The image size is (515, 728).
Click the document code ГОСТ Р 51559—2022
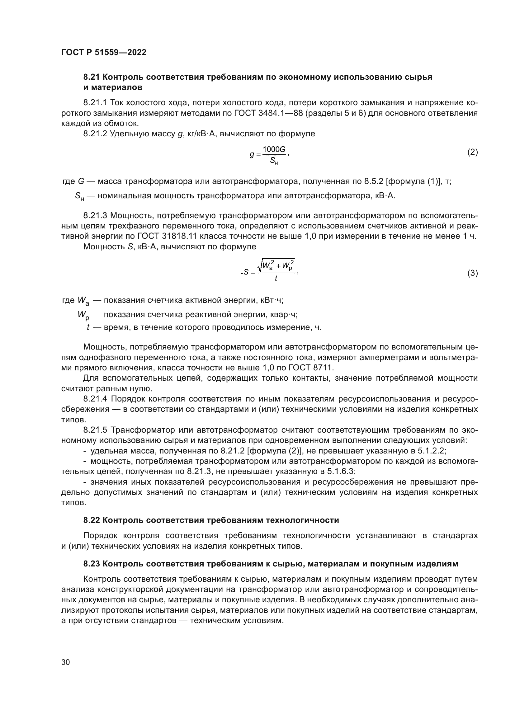[x=104, y=53]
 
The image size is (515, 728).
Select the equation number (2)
[x=473, y=152]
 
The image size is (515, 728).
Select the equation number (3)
[x=473, y=273]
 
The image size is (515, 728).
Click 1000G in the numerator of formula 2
[x=274, y=149]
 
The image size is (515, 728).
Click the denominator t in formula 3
[x=276, y=278]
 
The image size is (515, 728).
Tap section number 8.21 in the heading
[x=92, y=77]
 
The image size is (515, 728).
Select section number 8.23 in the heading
[x=92, y=564]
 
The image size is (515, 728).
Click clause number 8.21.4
[x=96, y=399]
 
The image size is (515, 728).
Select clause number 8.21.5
[x=96, y=430]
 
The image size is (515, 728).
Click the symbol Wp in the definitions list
[x=83, y=315]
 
